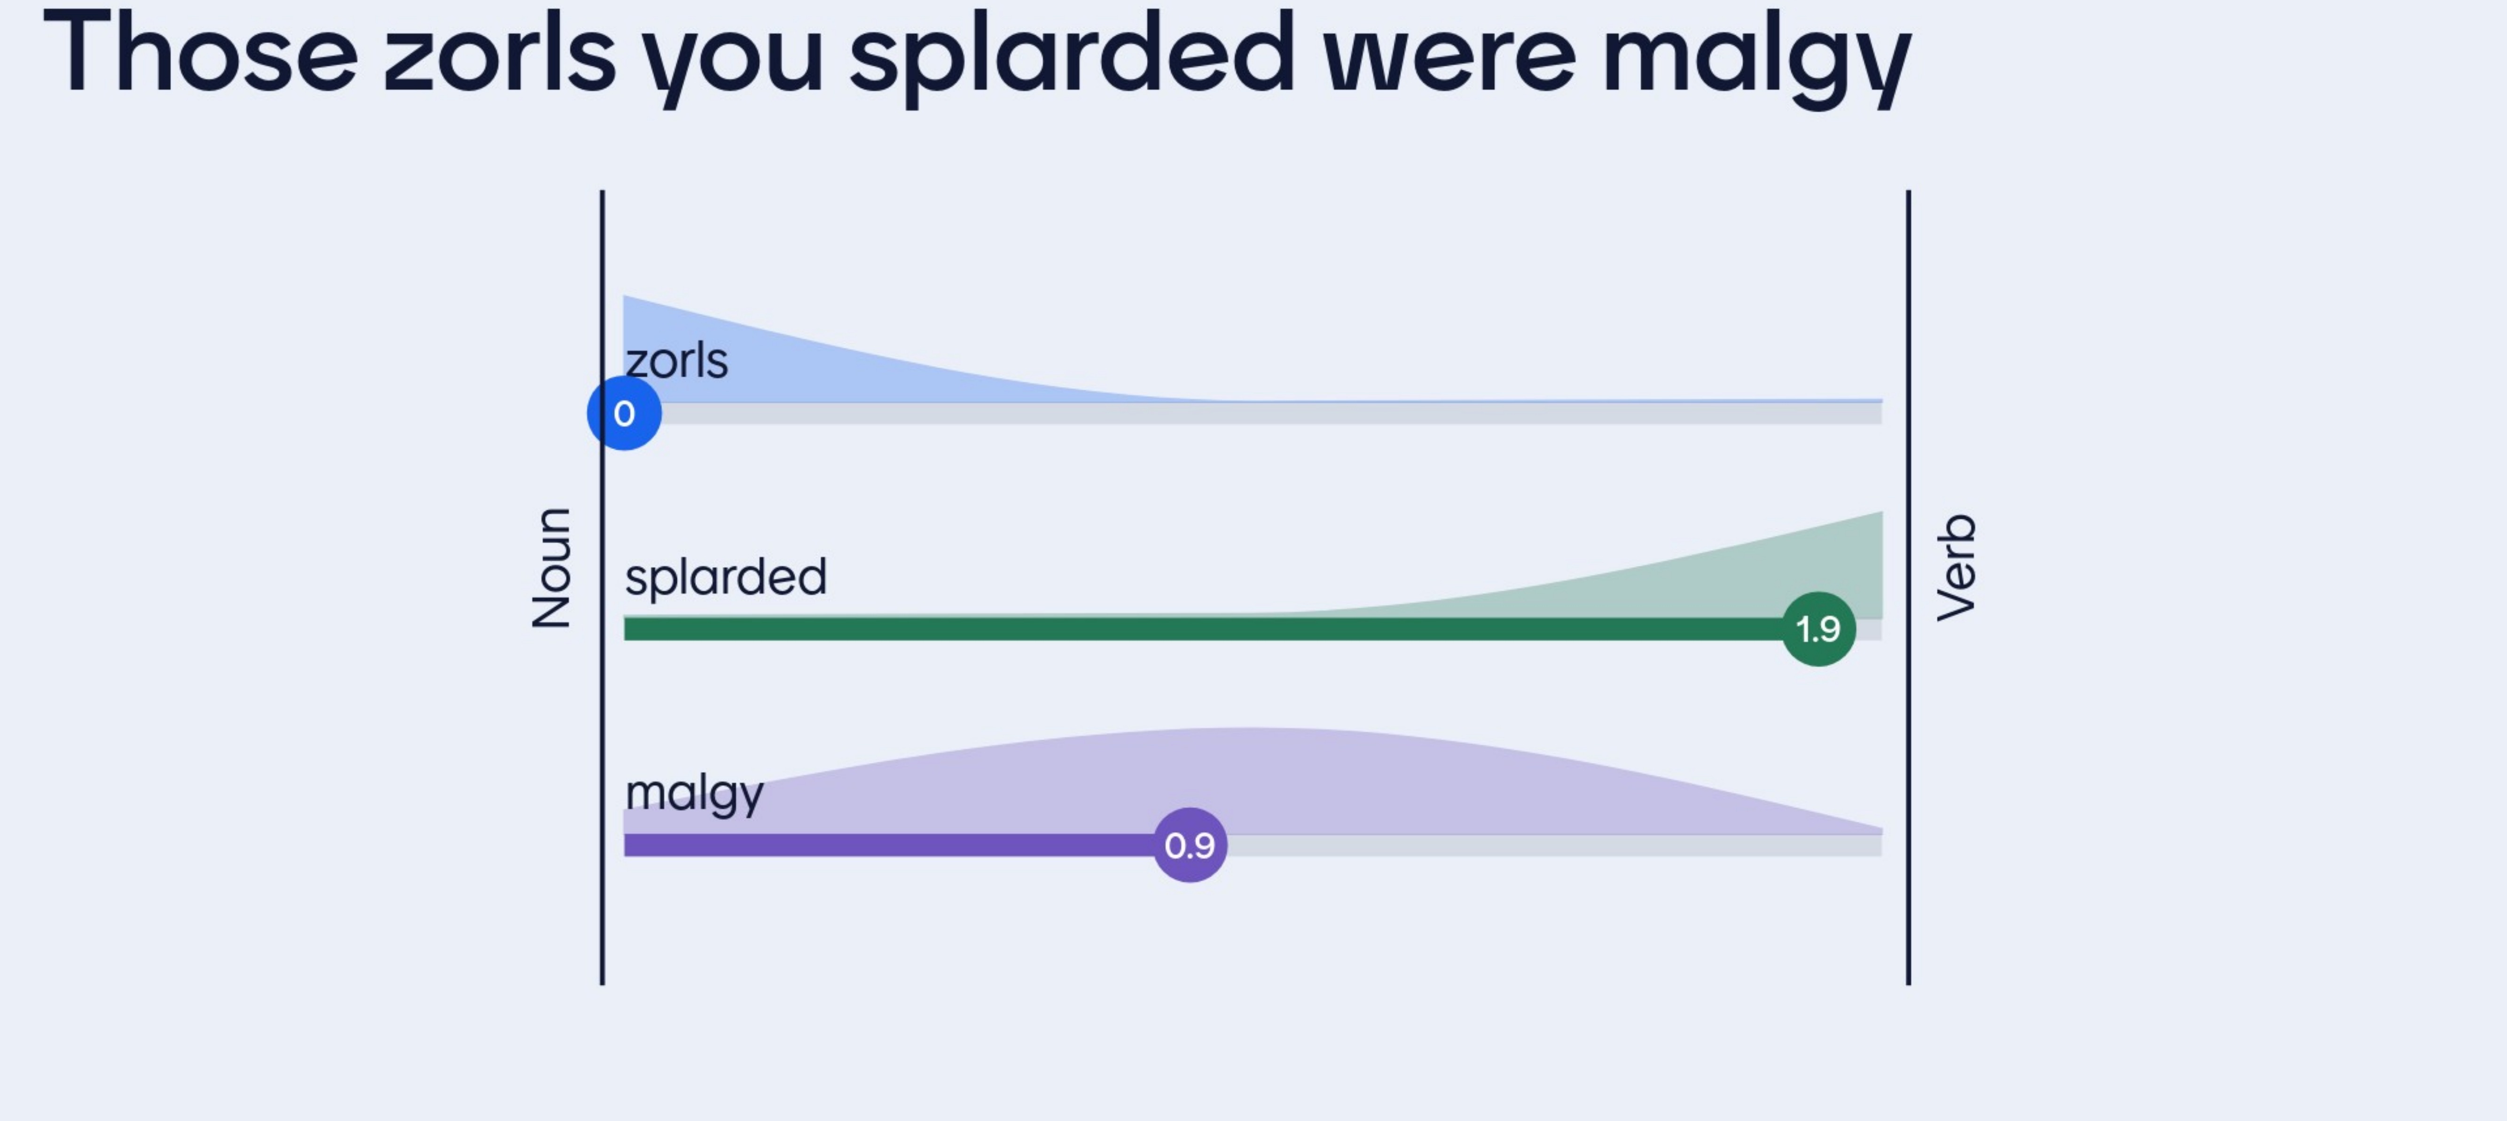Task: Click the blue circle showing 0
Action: pos(624,413)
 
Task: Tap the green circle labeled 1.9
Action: pos(1818,629)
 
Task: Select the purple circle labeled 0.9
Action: pos(1189,845)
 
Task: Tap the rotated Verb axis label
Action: pos(1956,567)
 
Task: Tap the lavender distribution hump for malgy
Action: pos(1246,778)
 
